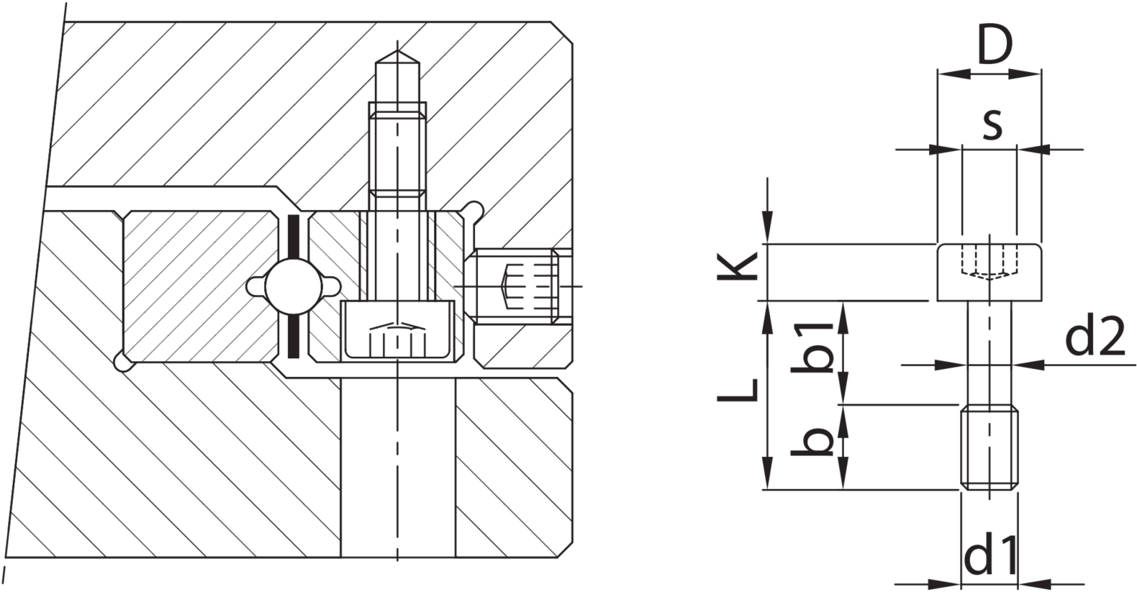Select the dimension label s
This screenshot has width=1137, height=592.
992,124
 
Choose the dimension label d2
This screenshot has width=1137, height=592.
1095,336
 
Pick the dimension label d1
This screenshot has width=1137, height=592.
989,556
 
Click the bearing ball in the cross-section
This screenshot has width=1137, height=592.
294,286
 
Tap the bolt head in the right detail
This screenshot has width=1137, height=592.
989,272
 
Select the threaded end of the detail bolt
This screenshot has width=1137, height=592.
989,447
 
